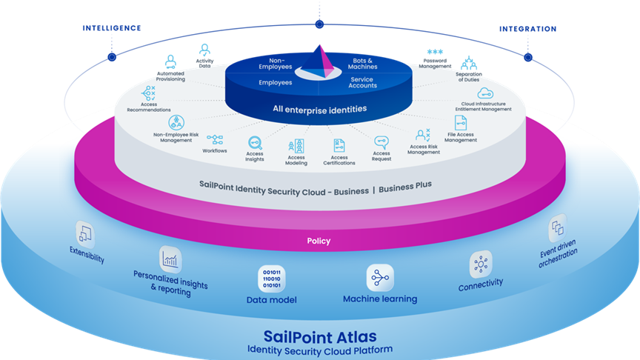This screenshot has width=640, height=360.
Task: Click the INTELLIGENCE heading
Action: coord(112,28)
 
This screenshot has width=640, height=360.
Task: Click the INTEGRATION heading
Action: coord(527,29)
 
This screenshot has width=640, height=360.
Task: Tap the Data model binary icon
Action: coord(272,279)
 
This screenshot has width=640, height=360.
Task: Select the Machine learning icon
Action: coord(380,278)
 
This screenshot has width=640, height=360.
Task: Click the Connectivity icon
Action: coord(481,264)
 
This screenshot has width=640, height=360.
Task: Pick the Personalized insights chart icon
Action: coord(170,259)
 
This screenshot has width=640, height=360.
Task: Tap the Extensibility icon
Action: coord(85,234)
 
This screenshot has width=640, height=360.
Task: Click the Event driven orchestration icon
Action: coord(558,227)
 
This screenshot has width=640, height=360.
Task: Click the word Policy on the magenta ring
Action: coord(319,241)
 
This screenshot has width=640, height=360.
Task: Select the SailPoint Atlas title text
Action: coord(320,337)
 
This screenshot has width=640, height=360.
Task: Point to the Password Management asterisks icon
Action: coord(435,52)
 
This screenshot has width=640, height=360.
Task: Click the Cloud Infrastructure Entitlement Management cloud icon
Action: coord(485,93)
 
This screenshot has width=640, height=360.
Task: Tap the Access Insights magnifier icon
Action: coord(255,143)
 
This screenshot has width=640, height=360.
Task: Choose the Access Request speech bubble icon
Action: coord(381,142)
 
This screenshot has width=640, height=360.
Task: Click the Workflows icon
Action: coord(215,139)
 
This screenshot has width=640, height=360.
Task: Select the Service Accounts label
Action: coord(362,82)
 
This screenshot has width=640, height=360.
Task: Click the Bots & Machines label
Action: coord(362,64)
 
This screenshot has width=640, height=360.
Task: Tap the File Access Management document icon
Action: coord(461,122)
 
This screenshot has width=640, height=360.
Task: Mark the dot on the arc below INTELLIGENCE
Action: coord(112,57)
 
